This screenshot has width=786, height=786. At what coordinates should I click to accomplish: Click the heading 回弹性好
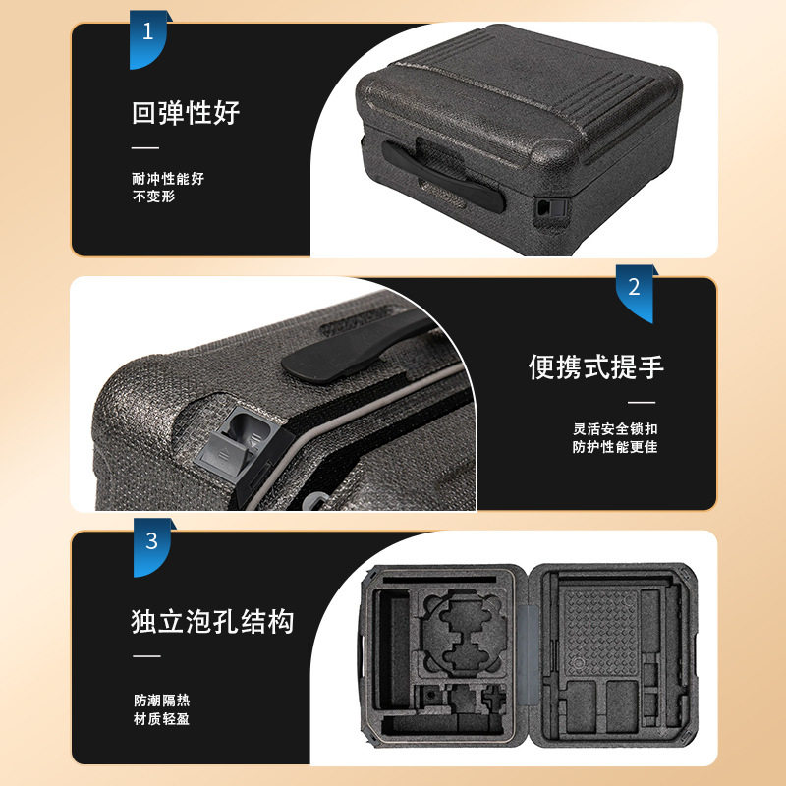pyautogui.click(x=186, y=112)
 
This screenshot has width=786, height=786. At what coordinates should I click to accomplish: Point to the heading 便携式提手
pyautogui.click(x=596, y=366)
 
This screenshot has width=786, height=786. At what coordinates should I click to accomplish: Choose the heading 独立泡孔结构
pyautogui.click(x=212, y=621)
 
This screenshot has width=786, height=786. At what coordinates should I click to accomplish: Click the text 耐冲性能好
pyautogui.click(x=168, y=179)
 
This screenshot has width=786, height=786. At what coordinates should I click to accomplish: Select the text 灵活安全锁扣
pyautogui.click(x=615, y=429)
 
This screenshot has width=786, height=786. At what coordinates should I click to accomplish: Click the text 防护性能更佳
pyautogui.click(x=615, y=448)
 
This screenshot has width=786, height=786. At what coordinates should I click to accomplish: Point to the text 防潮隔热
pyautogui.click(x=162, y=701)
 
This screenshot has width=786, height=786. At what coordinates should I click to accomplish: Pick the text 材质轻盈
pyautogui.click(x=162, y=719)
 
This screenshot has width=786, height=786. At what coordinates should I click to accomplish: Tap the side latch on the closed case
pyautogui.click(x=544, y=207)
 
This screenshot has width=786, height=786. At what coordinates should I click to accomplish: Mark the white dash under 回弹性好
pyautogui.click(x=145, y=147)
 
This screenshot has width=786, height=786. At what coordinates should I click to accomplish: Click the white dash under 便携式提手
pyautogui.click(x=642, y=402)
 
